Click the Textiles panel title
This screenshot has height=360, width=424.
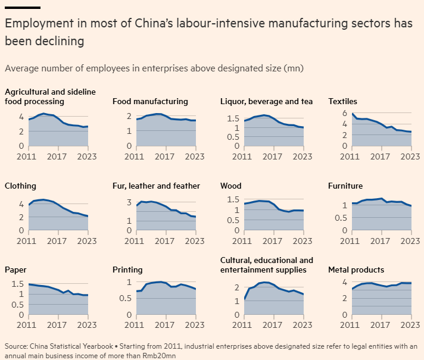click(342, 101)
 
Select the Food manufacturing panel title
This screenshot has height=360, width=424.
click(150, 101)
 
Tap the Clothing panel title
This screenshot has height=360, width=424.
click(20, 186)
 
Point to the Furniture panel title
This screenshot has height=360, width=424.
click(345, 186)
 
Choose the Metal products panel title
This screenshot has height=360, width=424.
click(356, 270)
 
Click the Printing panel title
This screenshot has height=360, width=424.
click(127, 270)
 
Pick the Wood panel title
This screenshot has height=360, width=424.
click(230, 186)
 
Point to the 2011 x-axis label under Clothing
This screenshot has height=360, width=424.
click(16, 241)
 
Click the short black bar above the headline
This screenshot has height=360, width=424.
click(23, 8)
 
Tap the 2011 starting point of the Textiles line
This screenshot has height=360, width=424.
click(353, 114)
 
